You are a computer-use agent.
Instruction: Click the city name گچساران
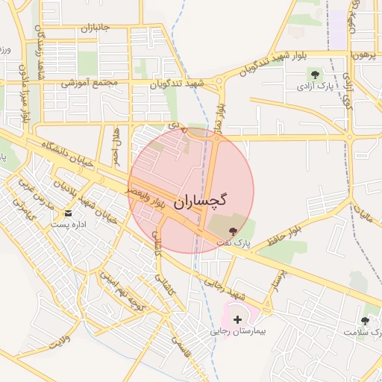pos(201,201)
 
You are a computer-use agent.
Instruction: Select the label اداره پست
pos(69,224)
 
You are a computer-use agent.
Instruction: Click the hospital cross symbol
pos(238,319)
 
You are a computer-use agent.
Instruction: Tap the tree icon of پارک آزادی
pos(314,75)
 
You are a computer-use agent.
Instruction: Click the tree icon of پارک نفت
pos(233,232)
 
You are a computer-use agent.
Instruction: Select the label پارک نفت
pos(233,243)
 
